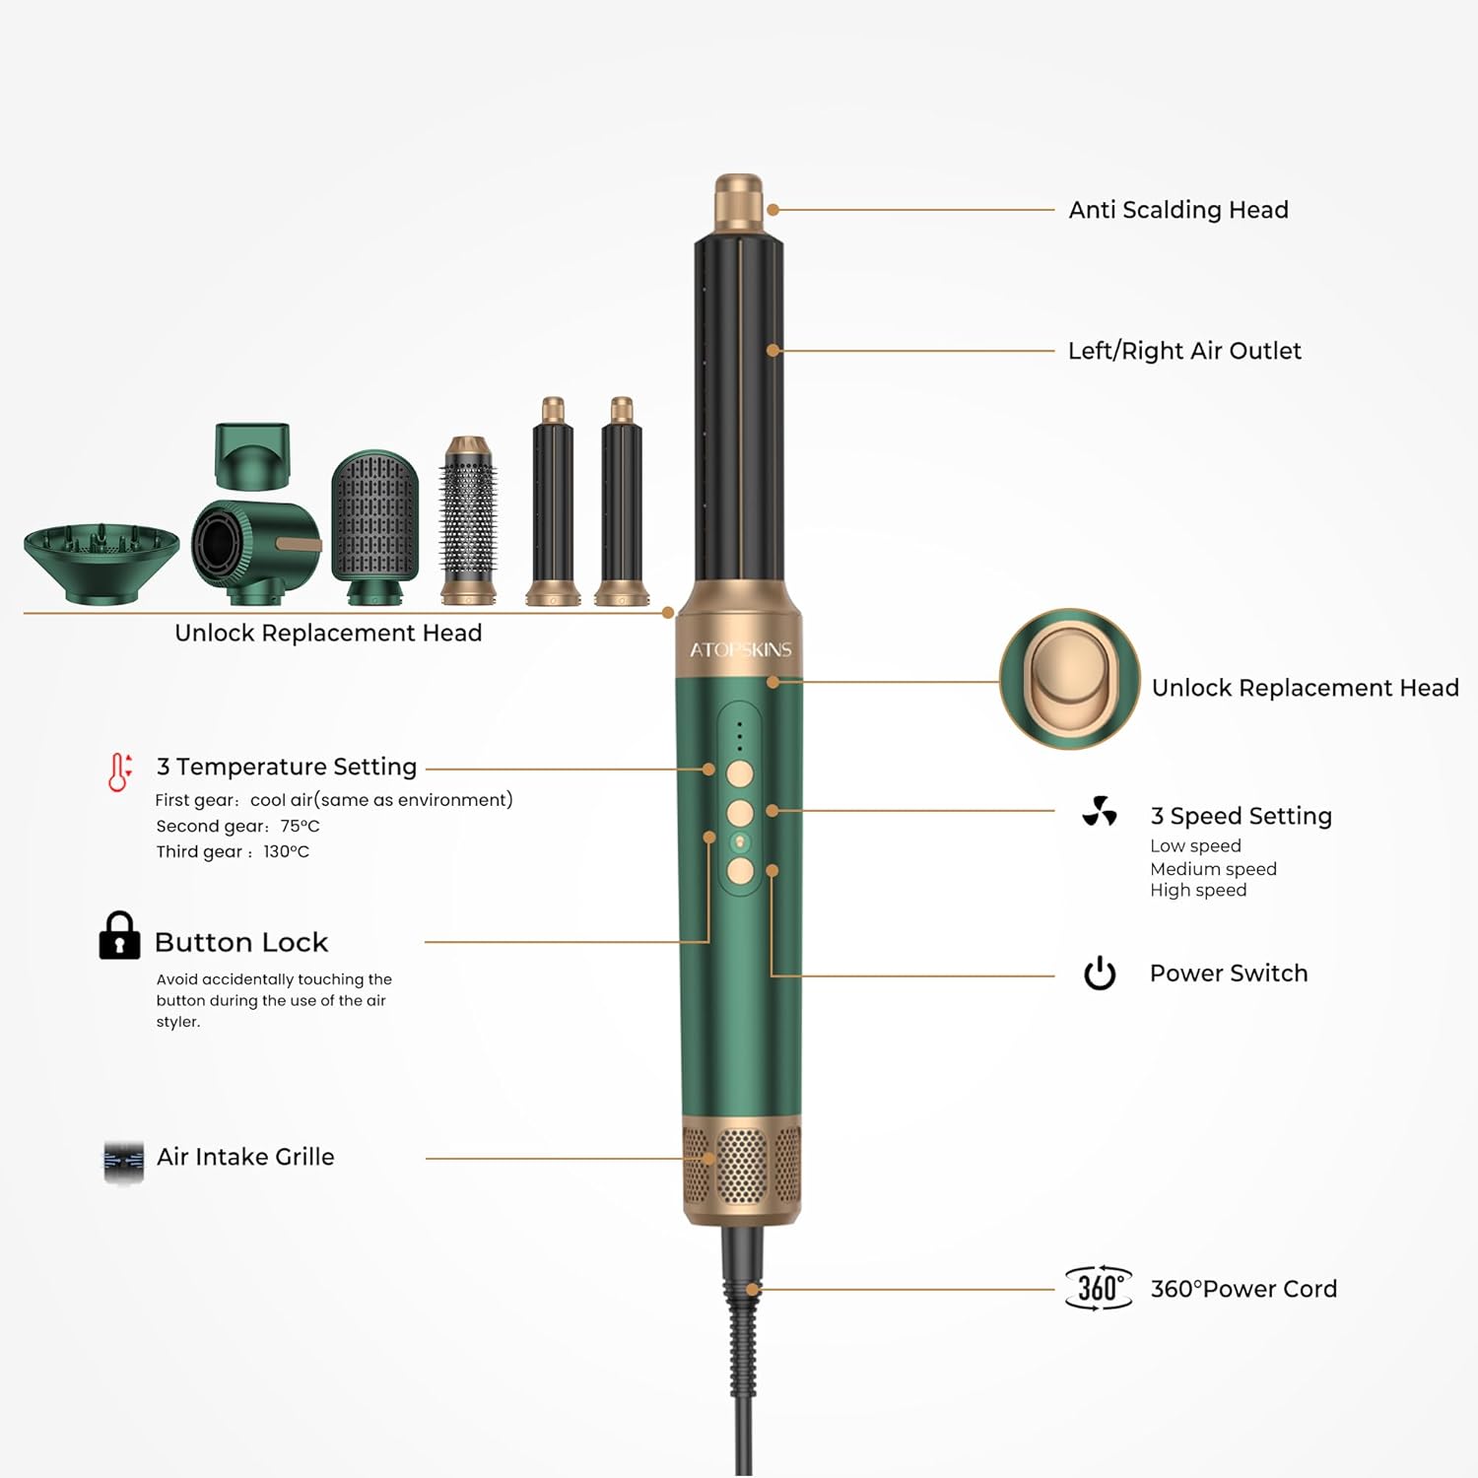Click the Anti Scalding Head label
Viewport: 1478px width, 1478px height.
(x=1178, y=210)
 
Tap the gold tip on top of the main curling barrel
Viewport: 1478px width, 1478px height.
(x=739, y=201)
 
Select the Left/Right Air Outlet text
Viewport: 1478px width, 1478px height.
(x=1184, y=351)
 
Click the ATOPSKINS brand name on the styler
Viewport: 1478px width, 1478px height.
(x=740, y=649)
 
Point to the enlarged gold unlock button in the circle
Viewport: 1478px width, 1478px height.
(x=1070, y=678)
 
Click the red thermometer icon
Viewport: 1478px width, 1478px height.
(x=119, y=772)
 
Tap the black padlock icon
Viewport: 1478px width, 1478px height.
(x=119, y=936)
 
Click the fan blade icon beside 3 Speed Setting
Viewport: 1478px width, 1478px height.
(x=1100, y=811)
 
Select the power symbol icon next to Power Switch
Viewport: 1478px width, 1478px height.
(x=1100, y=974)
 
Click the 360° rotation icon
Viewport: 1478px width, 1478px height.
(x=1098, y=1288)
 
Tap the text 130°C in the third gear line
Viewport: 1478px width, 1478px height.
(x=286, y=851)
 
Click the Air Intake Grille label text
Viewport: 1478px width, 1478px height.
(x=245, y=1157)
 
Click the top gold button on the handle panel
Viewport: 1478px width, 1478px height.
(x=740, y=773)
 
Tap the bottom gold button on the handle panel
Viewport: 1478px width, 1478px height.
(x=740, y=870)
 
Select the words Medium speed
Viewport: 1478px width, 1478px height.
(x=1213, y=869)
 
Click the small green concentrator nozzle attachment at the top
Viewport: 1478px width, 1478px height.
(x=253, y=455)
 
